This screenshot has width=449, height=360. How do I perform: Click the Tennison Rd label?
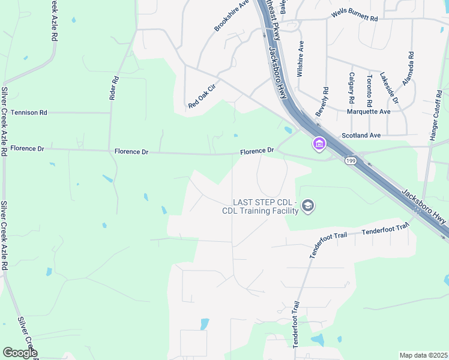coord(29,113)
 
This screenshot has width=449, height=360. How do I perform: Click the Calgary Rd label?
coord(352,88)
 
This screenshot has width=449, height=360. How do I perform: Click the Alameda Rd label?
coord(408,68)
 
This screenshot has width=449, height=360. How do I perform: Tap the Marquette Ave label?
coord(369,112)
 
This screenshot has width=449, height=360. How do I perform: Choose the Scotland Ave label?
coord(361,136)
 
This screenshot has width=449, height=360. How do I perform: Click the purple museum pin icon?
coord(318,144)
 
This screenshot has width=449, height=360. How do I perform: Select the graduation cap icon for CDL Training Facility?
coord(308,206)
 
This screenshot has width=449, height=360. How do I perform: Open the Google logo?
coord(20,352)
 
